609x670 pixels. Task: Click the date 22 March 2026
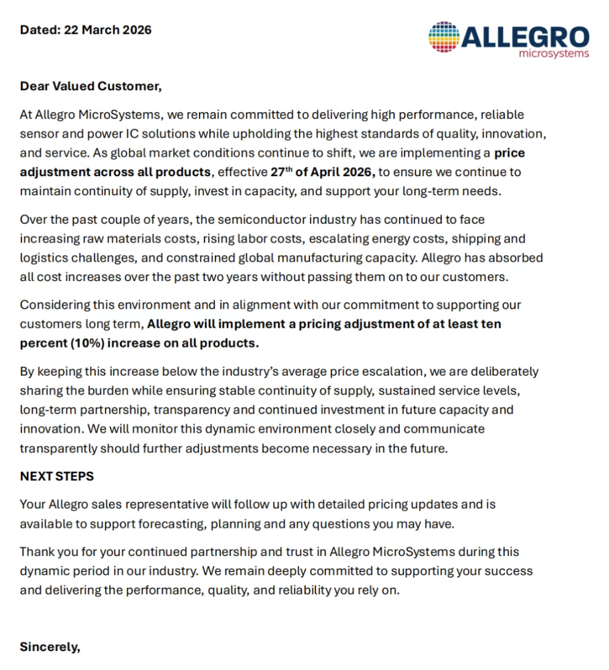(x=107, y=30)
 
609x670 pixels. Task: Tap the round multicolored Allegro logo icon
(x=444, y=37)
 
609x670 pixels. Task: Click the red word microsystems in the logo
(x=554, y=53)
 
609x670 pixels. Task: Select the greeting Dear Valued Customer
(x=91, y=86)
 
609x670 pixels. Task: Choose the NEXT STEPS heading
(x=56, y=476)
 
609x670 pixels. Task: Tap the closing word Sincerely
(x=50, y=647)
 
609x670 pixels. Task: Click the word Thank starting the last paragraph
(x=37, y=552)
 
